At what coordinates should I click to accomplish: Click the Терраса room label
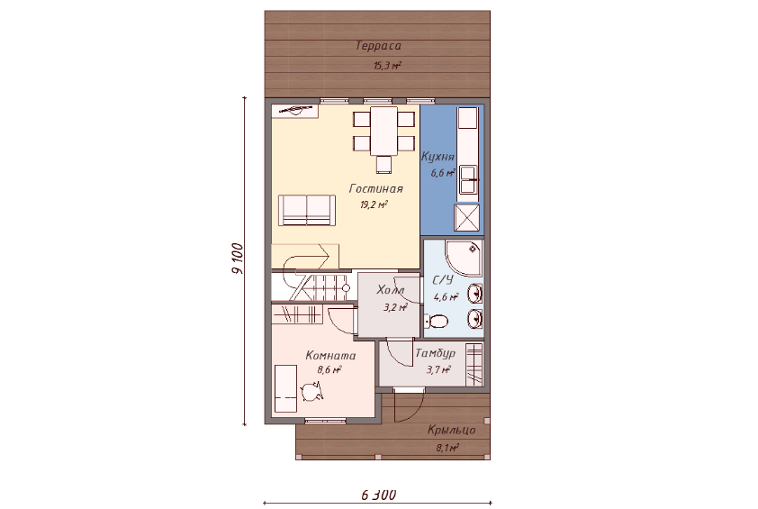(378, 46)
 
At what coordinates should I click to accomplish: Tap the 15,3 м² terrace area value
(387, 66)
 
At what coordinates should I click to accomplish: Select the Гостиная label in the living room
(376, 188)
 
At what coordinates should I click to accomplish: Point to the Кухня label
(438, 157)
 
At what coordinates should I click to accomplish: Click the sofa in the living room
(307, 210)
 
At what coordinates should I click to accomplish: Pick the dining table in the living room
(384, 131)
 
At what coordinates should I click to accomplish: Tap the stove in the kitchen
(467, 218)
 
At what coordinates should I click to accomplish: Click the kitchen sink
(468, 180)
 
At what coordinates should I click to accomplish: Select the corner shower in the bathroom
(463, 258)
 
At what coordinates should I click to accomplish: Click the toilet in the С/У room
(437, 321)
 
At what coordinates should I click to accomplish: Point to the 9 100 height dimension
(239, 259)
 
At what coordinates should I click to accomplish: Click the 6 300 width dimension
(378, 495)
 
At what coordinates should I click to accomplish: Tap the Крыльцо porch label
(452, 430)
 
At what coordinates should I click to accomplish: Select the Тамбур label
(435, 353)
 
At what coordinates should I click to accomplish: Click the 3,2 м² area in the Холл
(395, 307)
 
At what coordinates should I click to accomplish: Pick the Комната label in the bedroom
(330, 356)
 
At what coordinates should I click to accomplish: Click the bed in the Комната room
(285, 389)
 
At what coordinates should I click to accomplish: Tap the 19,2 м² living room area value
(374, 205)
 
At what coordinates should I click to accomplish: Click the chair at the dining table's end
(384, 165)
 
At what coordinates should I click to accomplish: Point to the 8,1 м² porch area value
(447, 448)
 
